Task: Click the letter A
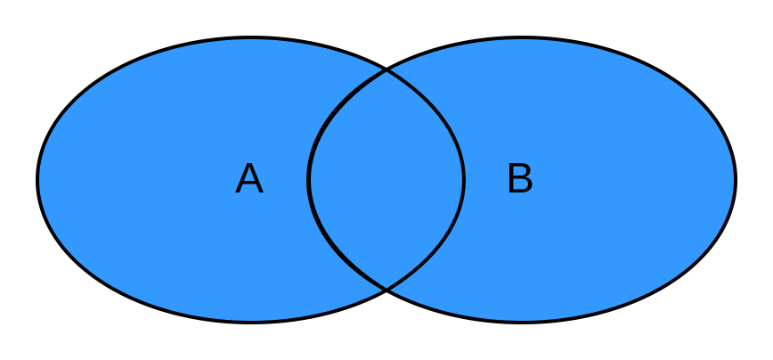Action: pos(249,179)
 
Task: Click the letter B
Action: pos(519,179)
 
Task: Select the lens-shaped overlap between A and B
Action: pos(386,180)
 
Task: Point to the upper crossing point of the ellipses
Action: pos(386,70)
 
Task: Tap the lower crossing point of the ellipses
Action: pos(386,290)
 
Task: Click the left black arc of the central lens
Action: pos(309,180)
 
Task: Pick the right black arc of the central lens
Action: pos(463,180)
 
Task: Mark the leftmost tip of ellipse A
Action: pos(40,180)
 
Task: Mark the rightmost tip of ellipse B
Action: pos(733,180)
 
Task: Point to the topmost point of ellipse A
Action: pos(251,40)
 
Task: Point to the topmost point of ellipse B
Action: pos(522,40)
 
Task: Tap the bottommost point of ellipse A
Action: pos(251,320)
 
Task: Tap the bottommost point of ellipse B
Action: pos(522,320)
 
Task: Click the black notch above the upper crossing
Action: pos(386,49)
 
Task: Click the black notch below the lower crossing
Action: pos(386,312)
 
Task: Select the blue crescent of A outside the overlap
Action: pos(160,180)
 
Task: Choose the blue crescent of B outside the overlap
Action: pos(623,180)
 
